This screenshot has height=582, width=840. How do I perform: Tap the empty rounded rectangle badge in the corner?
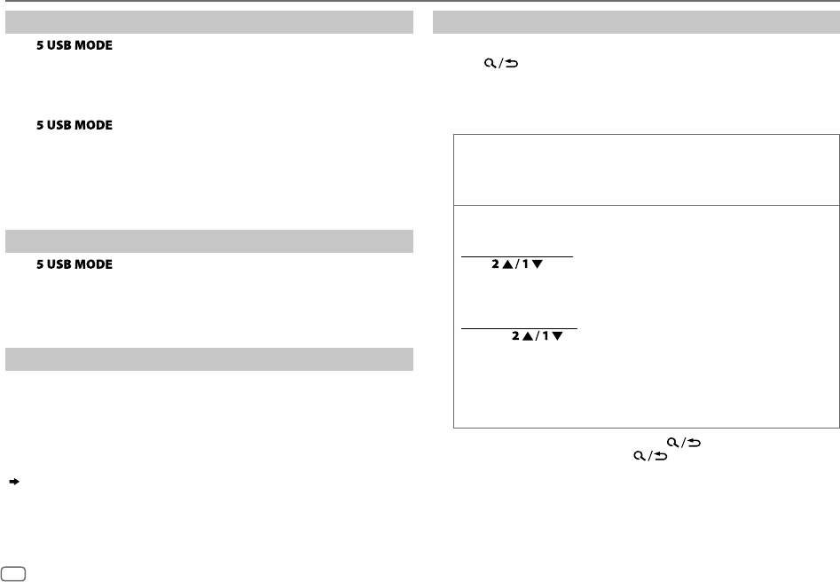click(13, 574)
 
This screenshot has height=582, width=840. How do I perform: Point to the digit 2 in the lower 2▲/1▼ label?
click(512, 338)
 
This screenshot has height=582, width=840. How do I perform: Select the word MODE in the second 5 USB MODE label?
click(94, 126)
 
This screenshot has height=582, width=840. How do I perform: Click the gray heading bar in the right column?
click(636, 22)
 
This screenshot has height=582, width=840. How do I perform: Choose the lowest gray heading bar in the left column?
click(209, 359)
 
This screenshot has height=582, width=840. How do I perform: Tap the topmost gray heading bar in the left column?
click(209, 22)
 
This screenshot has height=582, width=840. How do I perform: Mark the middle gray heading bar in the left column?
click(209, 241)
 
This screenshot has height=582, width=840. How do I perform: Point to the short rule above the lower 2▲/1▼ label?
click(519, 328)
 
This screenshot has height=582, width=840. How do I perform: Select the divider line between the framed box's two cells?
click(646, 205)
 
